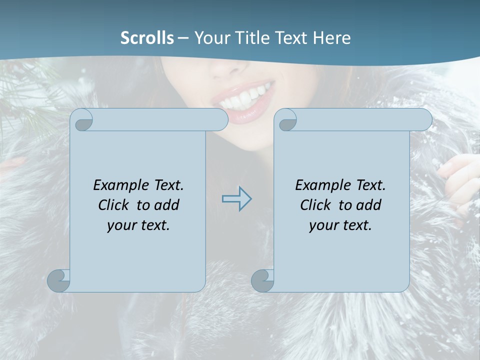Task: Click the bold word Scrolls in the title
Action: click(x=147, y=38)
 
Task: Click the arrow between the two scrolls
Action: click(x=236, y=198)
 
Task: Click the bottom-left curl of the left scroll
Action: click(x=59, y=280)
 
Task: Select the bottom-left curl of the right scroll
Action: click(x=262, y=280)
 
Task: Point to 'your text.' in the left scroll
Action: click(x=138, y=225)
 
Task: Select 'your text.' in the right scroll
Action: click(x=340, y=225)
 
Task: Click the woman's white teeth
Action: click(x=245, y=98)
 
